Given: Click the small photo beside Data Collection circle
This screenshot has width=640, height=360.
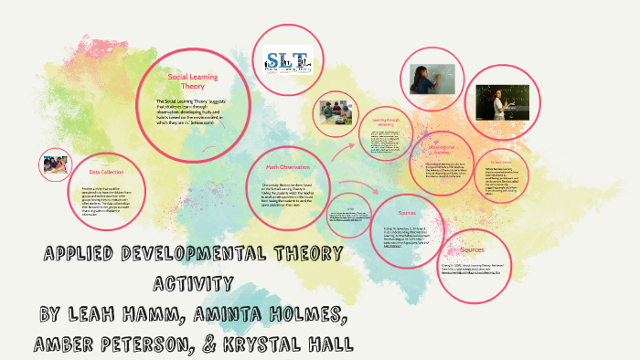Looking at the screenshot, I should pyautogui.click(x=55, y=164).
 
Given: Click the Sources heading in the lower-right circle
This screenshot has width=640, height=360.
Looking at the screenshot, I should pyautogui.click(x=473, y=249).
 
